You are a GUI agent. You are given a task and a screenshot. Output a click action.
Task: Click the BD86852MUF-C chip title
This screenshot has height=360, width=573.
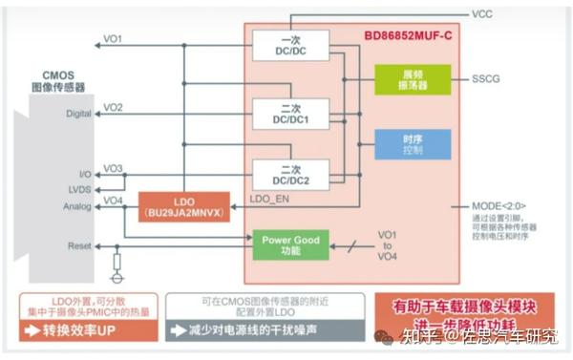coord(410,35)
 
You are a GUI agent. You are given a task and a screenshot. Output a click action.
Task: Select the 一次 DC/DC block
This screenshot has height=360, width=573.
coord(289,46)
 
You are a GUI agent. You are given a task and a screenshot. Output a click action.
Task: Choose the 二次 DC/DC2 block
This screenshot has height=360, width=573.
coord(289,176)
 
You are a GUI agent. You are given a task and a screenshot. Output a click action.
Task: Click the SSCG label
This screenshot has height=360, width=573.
coord(486,79)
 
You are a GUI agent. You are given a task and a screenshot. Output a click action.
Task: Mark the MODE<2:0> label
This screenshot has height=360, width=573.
coord(499,205)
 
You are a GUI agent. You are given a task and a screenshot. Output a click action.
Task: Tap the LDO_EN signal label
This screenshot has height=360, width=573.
coord(268,200)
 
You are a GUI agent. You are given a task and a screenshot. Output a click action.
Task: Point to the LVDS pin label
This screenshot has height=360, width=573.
coord(79,190)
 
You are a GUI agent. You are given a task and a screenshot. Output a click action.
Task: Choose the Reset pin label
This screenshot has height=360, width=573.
coord(79,246)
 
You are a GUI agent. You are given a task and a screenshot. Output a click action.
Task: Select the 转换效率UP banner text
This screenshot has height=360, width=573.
coord(81,331)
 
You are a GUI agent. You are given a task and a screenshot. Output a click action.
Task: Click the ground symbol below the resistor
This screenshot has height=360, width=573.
coord(117,280)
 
